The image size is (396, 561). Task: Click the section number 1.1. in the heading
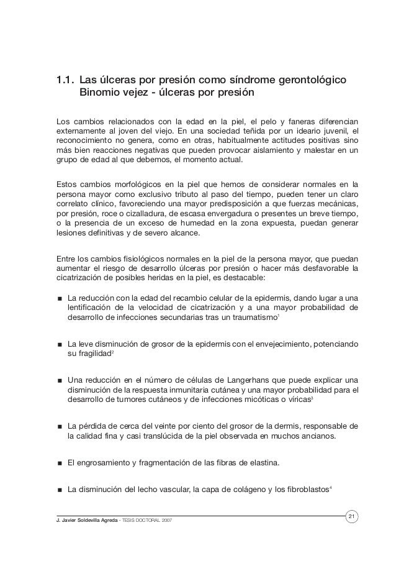[65, 81]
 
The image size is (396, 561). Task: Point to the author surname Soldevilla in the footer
[91, 519]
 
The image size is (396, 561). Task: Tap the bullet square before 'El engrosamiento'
[59, 463]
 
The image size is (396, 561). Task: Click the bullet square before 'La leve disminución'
[59, 343]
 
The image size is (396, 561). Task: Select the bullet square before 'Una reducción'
[59, 379]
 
